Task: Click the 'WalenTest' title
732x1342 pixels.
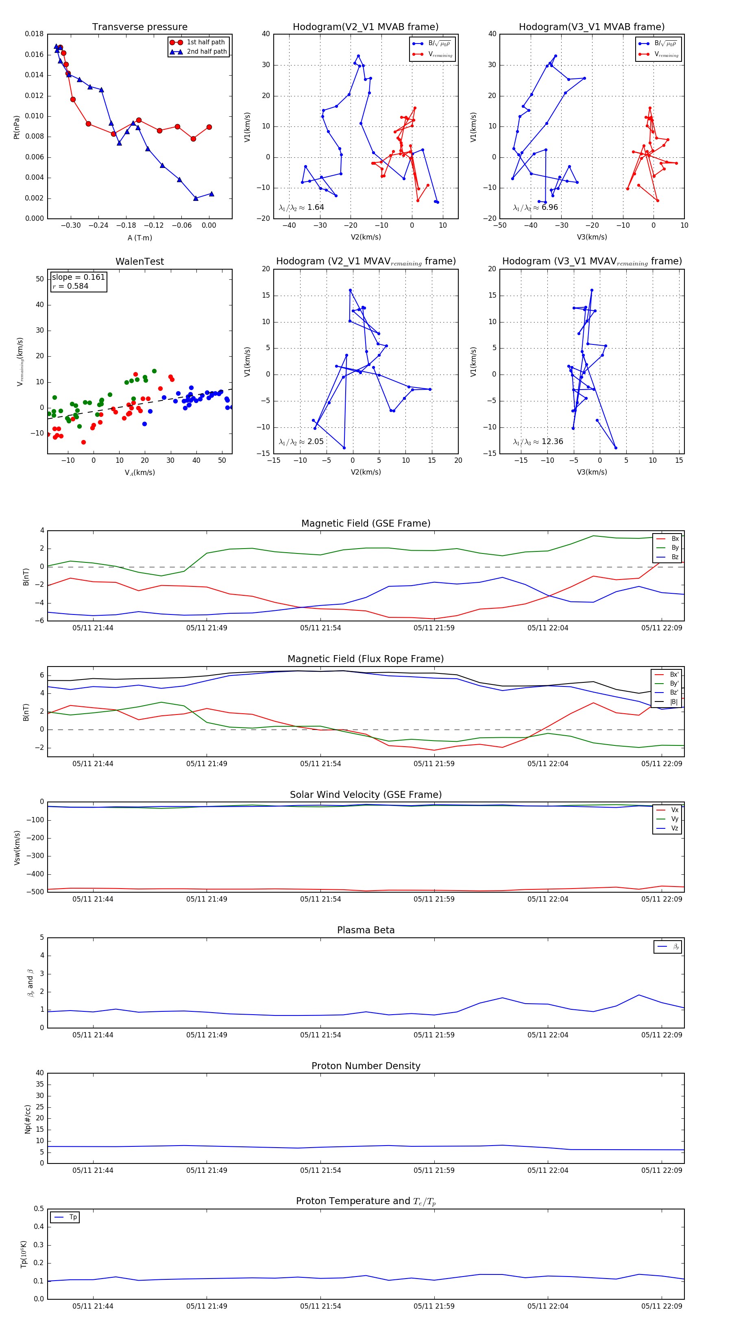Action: [139, 261]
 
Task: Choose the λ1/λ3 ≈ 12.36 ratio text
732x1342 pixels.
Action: [538, 442]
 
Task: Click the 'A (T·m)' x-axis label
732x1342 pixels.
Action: [139, 237]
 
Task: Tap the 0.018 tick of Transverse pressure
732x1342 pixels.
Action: [35, 34]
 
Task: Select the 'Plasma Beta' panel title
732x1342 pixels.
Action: [366, 930]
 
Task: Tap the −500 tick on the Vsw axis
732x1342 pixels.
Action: [35, 891]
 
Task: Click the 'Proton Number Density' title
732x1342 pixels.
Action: [366, 1065]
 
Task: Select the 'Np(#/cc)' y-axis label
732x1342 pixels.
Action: [28, 1118]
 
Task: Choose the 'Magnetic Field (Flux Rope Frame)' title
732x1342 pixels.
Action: [366, 658]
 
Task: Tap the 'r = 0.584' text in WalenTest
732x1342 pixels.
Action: [70, 286]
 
